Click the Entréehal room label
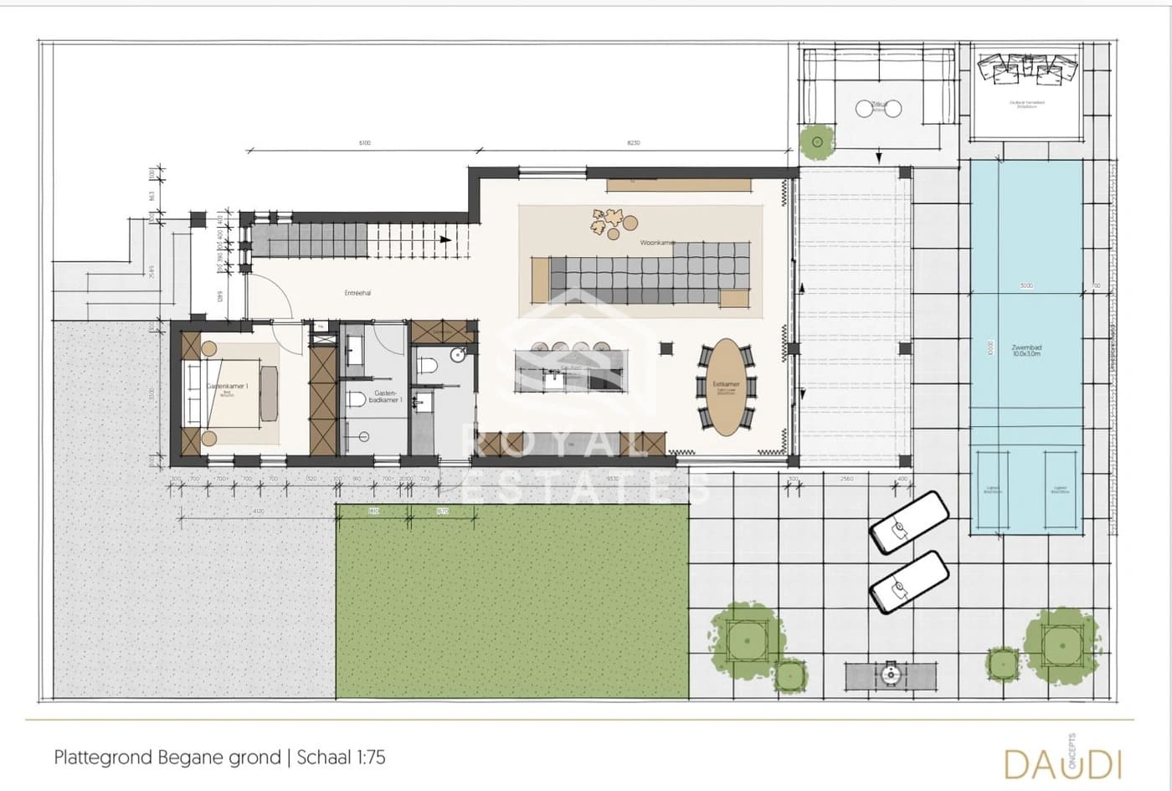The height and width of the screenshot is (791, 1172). pos(357,294)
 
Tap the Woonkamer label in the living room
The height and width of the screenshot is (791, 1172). pos(657,243)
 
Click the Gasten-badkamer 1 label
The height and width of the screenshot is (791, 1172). pos(385,397)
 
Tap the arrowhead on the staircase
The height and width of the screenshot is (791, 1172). pos(445,239)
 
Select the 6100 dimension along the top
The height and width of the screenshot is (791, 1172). pos(365,143)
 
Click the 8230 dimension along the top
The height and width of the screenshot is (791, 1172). pos(634,143)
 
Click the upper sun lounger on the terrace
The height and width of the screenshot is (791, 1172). pos(908,522)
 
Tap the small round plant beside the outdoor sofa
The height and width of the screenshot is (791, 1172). pos(816,141)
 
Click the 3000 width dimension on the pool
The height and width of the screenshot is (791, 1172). pos(1026,286)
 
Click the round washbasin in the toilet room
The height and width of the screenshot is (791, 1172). pos(457,355)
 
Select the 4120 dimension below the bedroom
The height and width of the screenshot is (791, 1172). pos(258,511)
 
